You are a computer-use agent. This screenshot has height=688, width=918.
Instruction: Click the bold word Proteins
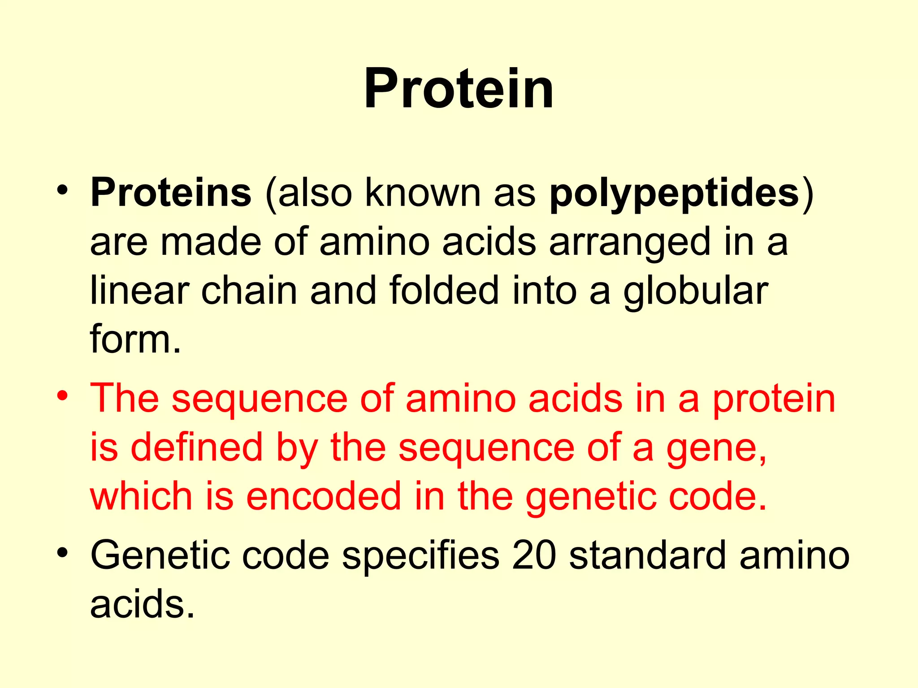[171, 193]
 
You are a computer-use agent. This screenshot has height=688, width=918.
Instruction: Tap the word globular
[696, 291]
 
